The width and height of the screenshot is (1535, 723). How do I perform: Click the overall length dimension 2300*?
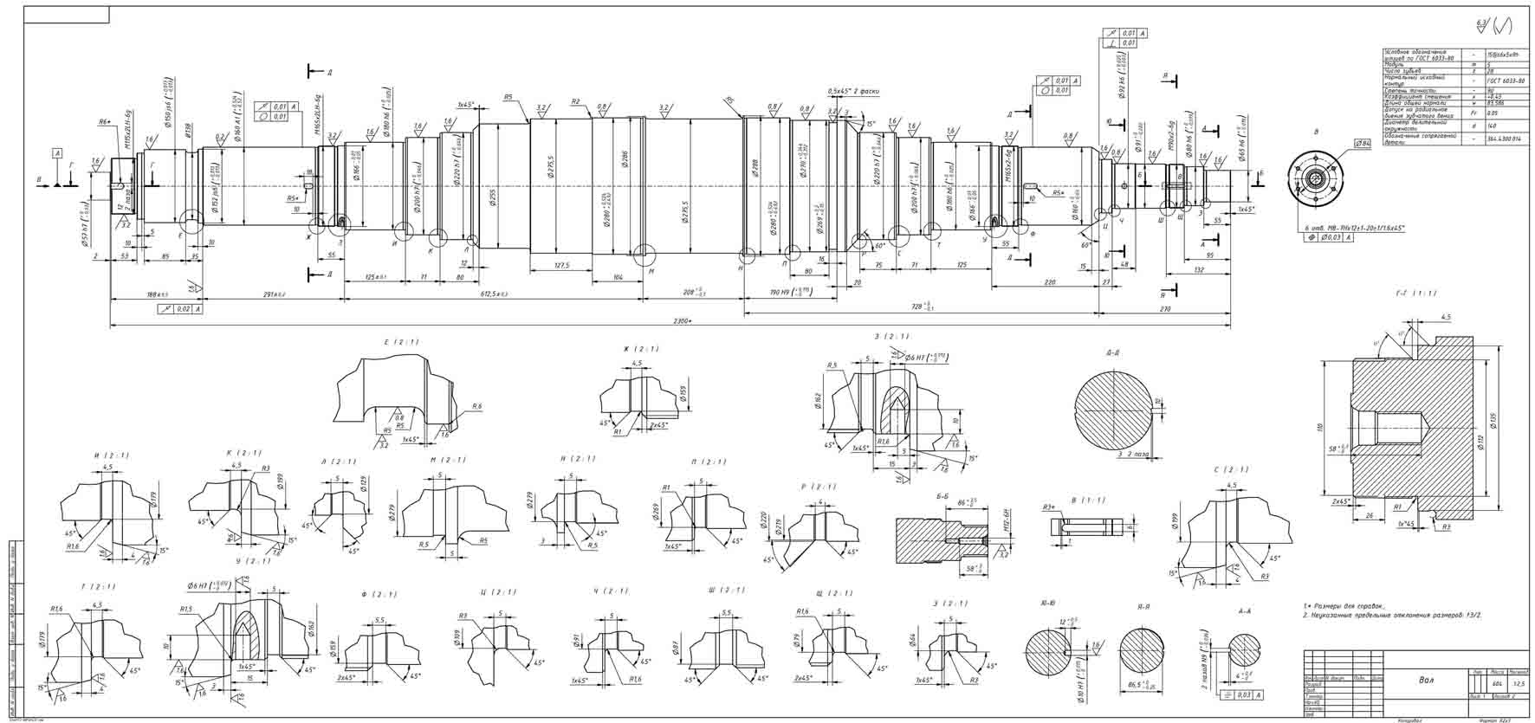682,321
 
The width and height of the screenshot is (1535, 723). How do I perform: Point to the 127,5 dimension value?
561,266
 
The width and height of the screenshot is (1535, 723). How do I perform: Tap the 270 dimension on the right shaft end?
1164,308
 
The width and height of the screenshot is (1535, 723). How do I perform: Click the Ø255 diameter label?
493,198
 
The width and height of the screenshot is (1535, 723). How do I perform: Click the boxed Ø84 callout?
1362,143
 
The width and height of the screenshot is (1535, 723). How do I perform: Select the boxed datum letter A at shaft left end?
58,153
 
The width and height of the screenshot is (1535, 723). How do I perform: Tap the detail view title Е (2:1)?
400,342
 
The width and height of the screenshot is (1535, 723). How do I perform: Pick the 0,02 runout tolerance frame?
182,308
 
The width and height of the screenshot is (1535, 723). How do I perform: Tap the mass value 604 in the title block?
1497,684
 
